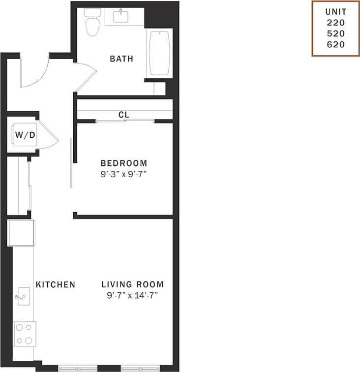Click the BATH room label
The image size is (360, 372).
point(121,59)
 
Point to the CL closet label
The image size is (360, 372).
point(123,115)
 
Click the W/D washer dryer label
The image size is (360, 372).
point(22,136)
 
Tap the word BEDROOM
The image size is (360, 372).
point(123,163)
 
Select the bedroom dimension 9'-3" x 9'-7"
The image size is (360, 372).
point(123,174)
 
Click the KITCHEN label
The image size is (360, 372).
point(55,284)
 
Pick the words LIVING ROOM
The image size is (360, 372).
point(133,284)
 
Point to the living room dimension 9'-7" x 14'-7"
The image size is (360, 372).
point(133,295)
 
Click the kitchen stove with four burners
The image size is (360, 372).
point(24,334)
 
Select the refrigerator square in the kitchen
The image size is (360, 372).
point(21,233)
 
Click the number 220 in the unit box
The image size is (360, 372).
point(336,23)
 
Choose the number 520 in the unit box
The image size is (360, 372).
point(336,33)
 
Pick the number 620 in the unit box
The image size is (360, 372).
point(336,44)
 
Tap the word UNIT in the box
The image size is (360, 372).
point(336,12)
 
